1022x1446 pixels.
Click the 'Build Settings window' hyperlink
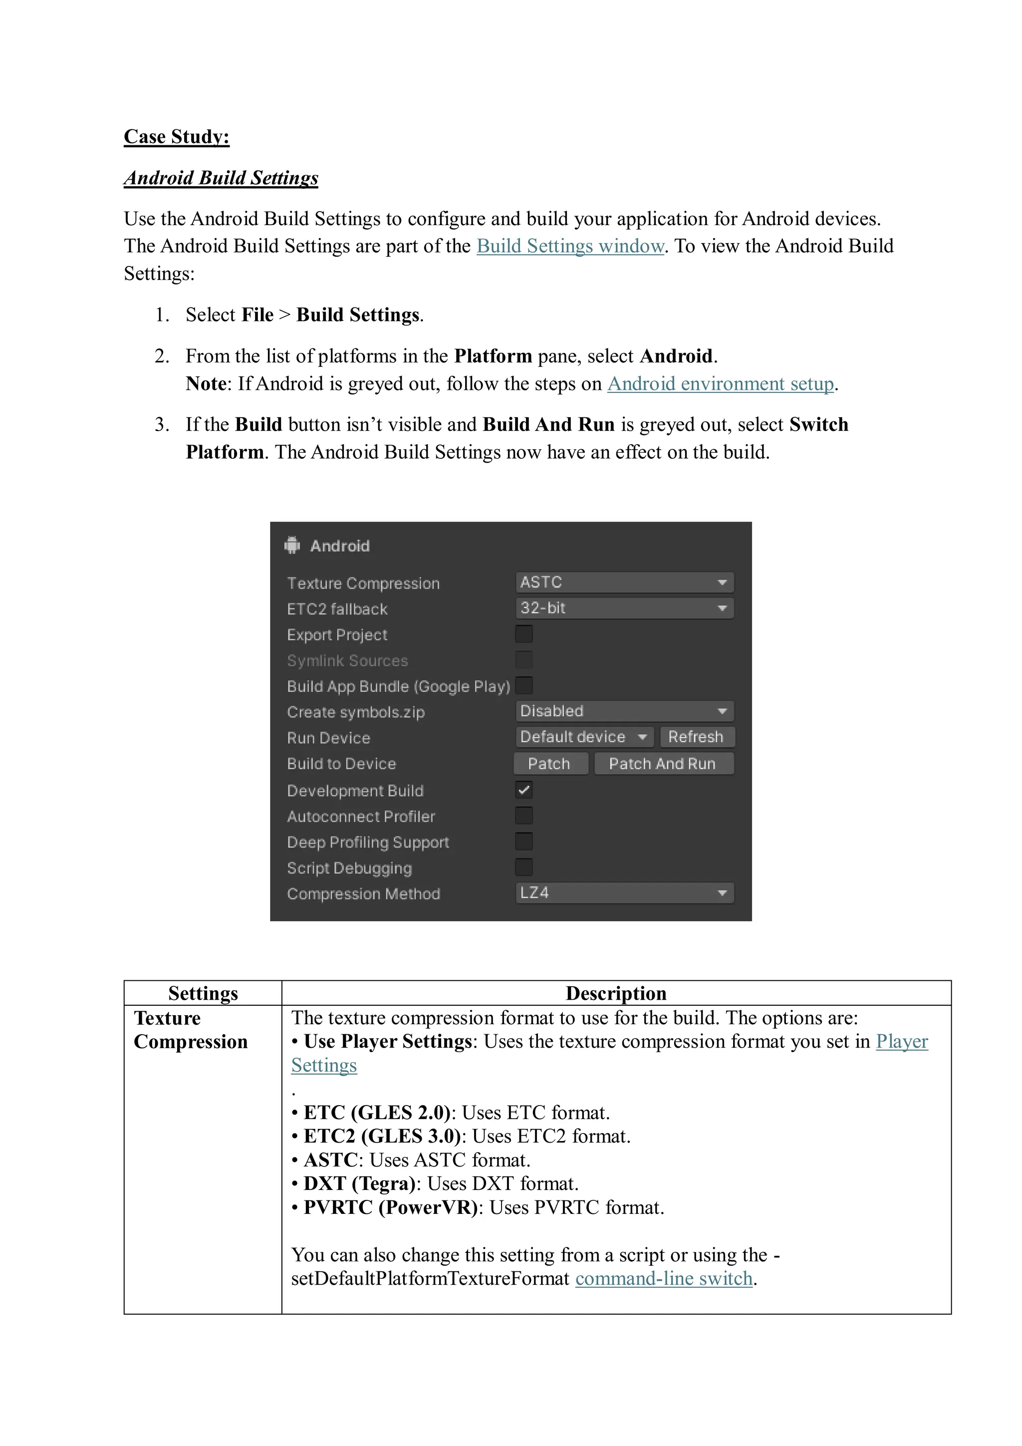point(570,246)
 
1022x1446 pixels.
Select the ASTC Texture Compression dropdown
point(624,582)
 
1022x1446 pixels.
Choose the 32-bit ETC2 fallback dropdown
point(624,608)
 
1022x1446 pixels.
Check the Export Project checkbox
point(523,633)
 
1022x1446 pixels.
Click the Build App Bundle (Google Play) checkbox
point(523,685)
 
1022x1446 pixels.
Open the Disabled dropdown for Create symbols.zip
point(624,711)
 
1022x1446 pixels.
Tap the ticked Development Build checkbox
point(523,790)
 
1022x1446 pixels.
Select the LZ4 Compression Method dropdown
point(624,892)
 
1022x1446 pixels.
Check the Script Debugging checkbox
point(523,867)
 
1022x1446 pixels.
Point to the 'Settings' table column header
point(203,993)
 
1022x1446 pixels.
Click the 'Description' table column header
point(615,993)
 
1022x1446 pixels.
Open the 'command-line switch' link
point(664,1279)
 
